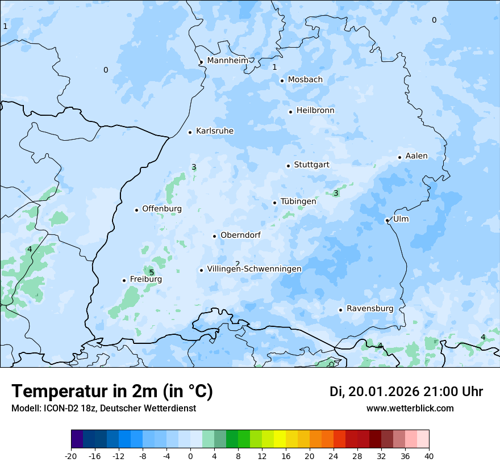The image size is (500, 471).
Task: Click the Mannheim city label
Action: click(227, 60)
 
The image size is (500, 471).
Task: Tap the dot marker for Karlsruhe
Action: click(190, 132)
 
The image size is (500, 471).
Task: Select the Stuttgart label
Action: click(311, 165)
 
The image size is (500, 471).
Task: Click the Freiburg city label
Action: click(145, 279)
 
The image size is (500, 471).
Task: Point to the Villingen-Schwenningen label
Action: click(254, 269)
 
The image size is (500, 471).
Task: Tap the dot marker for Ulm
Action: click(387, 220)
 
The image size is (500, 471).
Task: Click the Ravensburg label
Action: click(370, 309)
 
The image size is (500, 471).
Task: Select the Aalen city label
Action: click(416, 156)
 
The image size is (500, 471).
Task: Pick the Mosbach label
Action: click(305, 79)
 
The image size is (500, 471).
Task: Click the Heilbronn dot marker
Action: click(290, 112)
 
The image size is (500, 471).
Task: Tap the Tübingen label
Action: click(298, 201)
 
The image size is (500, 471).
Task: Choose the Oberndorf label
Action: click(240, 235)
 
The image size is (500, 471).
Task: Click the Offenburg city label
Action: click(161, 209)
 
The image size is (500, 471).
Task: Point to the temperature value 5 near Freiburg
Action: click(152, 272)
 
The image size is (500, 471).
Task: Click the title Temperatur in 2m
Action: click(112, 392)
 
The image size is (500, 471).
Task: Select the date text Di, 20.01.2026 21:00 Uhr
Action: click(406, 392)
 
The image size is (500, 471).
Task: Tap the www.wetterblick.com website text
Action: click(410, 408)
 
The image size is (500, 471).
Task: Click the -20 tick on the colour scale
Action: click(71, 456)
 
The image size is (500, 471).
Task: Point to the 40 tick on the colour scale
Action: click(429, 456)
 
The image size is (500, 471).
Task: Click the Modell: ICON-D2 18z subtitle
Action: click(103, 408)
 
